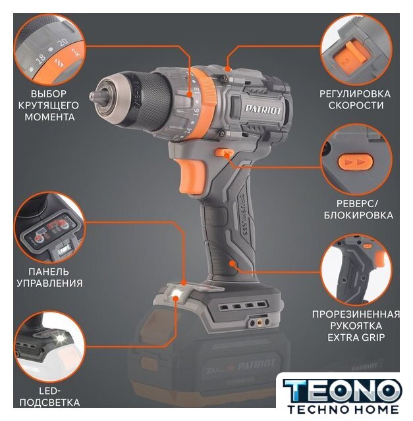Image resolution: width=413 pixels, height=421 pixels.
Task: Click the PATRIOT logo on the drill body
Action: pos(263,109)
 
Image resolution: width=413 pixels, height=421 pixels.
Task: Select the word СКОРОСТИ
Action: pos(356,105)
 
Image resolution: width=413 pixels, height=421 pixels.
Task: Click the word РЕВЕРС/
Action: pos(357,203)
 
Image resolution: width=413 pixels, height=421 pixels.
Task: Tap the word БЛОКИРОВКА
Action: pos(358,215)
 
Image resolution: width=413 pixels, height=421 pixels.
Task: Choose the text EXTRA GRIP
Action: pos(356,337)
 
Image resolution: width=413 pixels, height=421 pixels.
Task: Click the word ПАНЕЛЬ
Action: pos(48,272)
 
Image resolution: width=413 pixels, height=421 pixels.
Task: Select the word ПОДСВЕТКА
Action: pos(50,403)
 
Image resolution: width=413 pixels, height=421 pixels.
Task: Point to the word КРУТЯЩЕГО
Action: pos(48,105)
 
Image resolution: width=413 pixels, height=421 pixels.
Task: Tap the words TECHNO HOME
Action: pos(343,409)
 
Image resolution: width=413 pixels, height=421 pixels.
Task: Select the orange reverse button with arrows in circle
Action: pos(356,162)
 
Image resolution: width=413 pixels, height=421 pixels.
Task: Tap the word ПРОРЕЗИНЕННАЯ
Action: pos(356,314)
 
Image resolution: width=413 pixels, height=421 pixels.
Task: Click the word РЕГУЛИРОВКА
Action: pos(355,94)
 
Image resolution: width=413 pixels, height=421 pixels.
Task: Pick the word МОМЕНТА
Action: pos(50,117)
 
